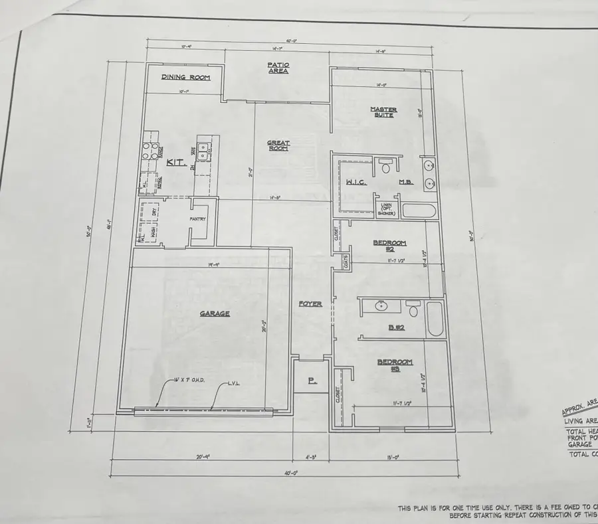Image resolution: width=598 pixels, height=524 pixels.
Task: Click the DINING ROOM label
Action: click(185, 78)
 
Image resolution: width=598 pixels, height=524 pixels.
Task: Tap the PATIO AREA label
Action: click(278, 68)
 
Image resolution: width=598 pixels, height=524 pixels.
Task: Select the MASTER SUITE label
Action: click(383, 112)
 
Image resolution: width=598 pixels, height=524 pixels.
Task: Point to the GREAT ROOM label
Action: click(278, 145)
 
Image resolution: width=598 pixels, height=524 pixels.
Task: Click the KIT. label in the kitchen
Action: click(175, 162)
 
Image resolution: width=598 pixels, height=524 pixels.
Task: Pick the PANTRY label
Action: click(197, 219)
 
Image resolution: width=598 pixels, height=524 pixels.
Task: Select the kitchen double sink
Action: click(205, 151)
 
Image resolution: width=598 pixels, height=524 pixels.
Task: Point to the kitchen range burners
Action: click(149, 152)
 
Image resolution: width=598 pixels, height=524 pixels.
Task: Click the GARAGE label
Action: click(215, 314)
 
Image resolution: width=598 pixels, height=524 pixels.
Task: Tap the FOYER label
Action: click(310, 304)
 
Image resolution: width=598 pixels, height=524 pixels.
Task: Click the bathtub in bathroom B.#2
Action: click(436, 319)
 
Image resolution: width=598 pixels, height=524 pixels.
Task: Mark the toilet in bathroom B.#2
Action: click(413, 309)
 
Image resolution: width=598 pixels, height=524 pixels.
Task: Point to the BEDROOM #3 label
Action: click(395, 365)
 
